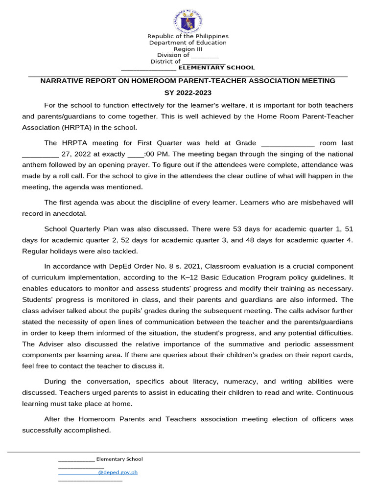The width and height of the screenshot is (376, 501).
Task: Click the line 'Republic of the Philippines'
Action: click(188, 36)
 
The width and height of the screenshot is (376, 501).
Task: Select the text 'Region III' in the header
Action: click(188, 49)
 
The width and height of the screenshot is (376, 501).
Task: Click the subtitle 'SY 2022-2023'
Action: click(188, 93)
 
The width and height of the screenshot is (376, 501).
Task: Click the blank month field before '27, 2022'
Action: click(41, 154)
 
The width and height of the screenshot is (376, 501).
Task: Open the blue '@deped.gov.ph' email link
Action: click(117, 473)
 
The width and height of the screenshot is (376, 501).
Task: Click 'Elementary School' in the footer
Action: click(119, 459)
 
